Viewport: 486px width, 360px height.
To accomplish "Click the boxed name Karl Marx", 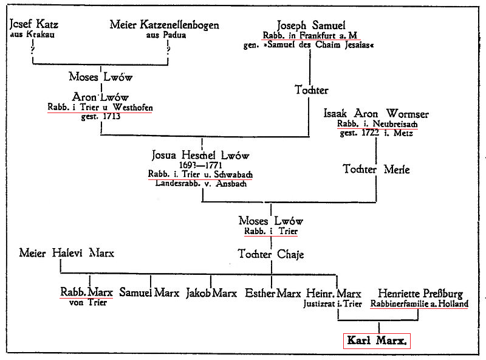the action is [377, 341].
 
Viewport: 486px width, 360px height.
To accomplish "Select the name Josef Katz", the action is [34, 24].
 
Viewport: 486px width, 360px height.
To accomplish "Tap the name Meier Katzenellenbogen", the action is [164, 25].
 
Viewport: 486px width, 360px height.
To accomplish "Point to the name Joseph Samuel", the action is [311, 25].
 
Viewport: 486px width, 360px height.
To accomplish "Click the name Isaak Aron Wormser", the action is [376, 114].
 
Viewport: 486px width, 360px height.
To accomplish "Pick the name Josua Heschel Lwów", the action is [200, 155].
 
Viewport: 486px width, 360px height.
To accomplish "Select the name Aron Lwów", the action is [100, 97].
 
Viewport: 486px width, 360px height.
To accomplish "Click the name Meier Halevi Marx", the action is [67, 253].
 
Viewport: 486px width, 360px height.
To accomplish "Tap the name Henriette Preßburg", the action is [420, 294].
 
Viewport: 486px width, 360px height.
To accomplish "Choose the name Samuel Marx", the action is [149, 292].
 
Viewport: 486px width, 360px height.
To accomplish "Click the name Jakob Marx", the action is [211, 293].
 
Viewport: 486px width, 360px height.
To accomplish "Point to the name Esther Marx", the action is [273, 293].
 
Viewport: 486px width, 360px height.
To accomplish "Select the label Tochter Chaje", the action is [271, 254].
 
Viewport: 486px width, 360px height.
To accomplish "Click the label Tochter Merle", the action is [376, 170].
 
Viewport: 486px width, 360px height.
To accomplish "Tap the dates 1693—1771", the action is [200, 165].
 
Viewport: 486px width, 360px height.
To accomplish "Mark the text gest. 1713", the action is [101, 117].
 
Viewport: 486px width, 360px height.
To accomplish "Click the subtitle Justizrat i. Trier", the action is [332, 304].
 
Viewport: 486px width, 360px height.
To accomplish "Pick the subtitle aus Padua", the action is [166, 35].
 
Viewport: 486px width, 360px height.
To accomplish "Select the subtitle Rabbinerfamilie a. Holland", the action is [419, 303].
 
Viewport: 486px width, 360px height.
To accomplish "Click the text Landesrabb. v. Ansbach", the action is [201, 184].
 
